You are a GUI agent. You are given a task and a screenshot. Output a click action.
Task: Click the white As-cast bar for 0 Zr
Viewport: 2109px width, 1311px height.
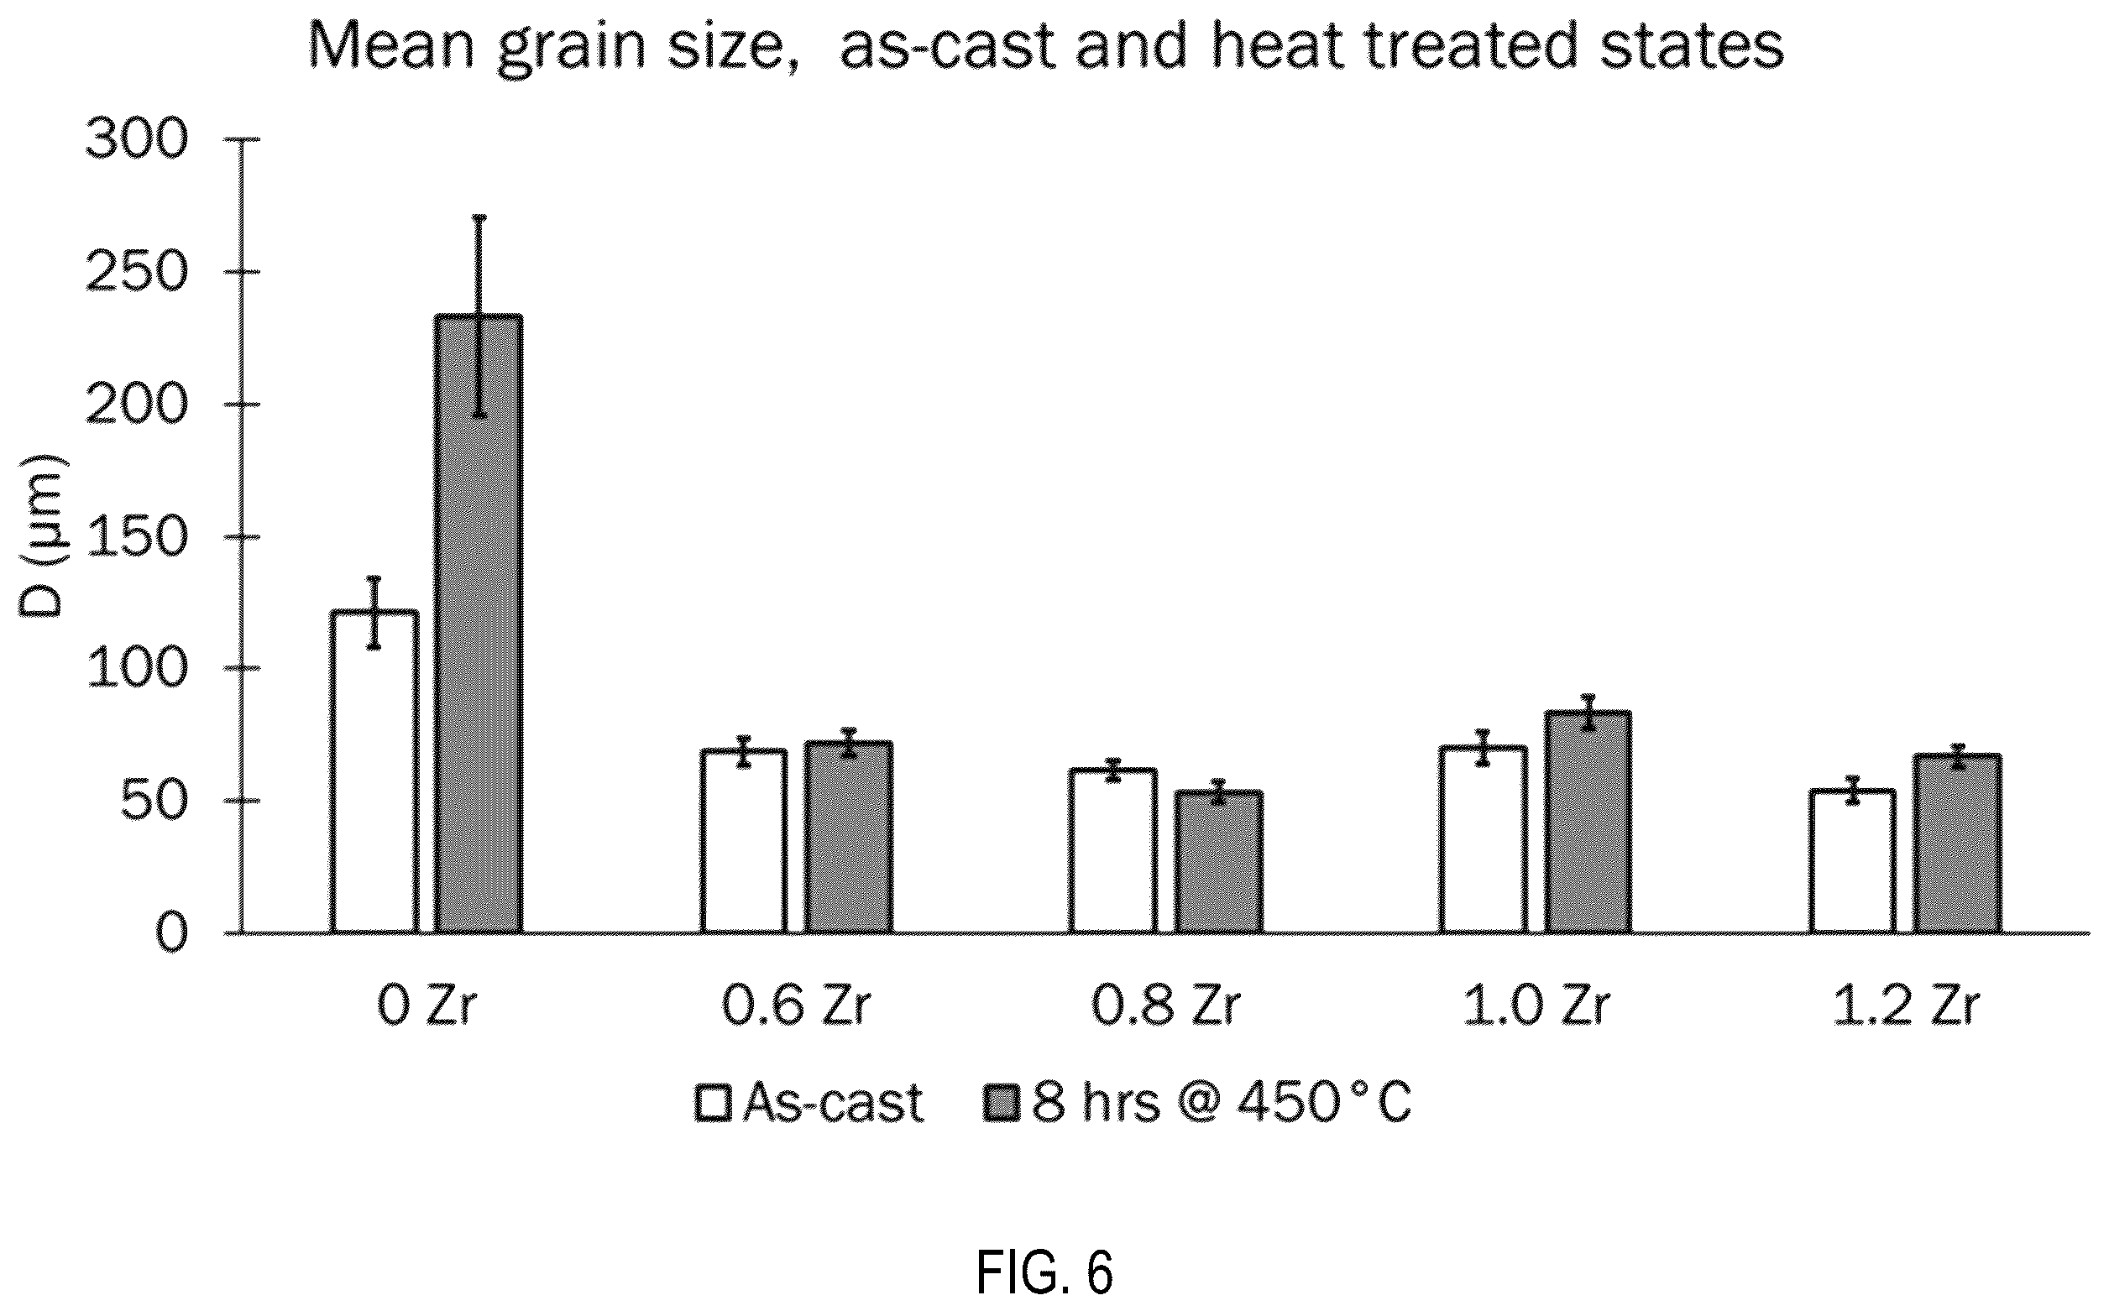pyautogui.click(x=374, y=771)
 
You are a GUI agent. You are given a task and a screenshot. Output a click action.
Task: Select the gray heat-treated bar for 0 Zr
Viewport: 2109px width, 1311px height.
pyautogui.click(x=479, y=624)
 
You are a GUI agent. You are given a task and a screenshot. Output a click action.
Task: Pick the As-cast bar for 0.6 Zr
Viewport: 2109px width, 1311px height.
pyautogui.click(x=744, y=841)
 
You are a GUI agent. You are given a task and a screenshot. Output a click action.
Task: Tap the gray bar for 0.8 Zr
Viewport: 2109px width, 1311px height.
pyautogui.click(x=1218, y=862)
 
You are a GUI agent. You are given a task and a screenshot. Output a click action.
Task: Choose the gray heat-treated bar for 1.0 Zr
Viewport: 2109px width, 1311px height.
pyautogui.click(x=1588, y=822)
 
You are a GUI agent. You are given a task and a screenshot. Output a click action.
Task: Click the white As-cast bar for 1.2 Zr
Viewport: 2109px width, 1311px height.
pyautogui.click(x=1852, y=861)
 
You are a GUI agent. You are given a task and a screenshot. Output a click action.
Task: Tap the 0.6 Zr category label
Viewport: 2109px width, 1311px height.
pyautogui.click(x=795, y=1006)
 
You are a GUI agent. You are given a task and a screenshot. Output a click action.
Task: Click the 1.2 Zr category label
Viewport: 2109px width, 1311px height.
pyautogui.click(x=1907, y=1006)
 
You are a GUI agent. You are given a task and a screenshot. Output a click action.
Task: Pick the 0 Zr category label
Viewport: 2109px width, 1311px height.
pyautogui.click(x=427, y=1006)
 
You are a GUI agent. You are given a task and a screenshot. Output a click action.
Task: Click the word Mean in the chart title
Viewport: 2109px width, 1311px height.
pyautogui.click(x=392, y=45)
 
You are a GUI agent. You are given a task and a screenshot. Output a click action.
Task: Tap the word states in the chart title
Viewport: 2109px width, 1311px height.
pyautogui.click(x=1682, y=45)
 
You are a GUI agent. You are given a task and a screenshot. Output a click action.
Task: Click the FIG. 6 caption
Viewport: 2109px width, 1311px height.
pyautogui.click(x=1044, y=1272)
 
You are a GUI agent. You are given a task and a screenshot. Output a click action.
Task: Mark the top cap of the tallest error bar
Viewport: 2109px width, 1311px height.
pyautogui.click(x=479, y=217)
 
